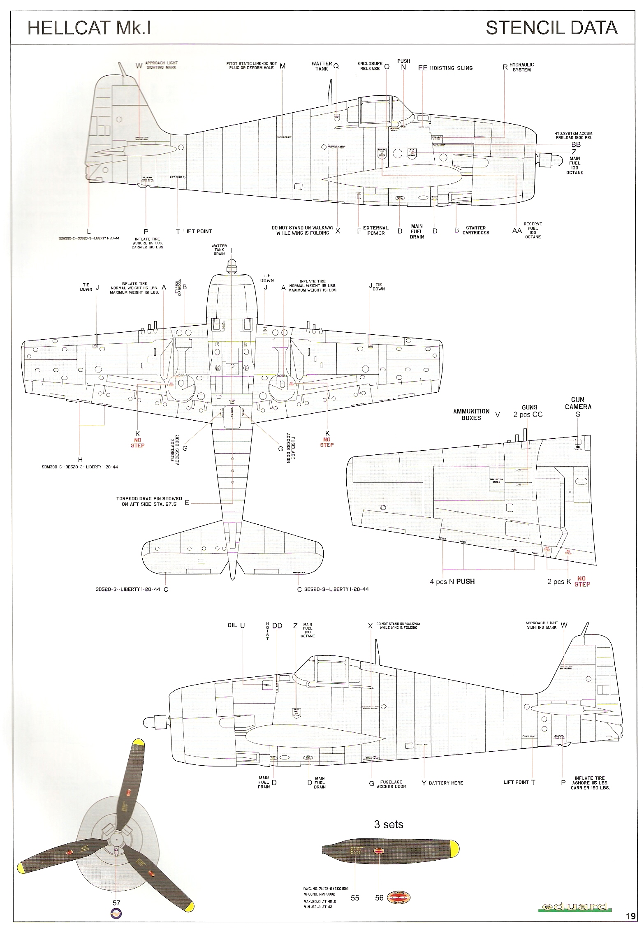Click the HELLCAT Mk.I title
click(x=89, y=28)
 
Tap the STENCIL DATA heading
click(x=551, y=28)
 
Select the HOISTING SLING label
click(x=451, y=68)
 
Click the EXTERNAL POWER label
click(x=375, y=230)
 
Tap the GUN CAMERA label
click(x=578, y=403)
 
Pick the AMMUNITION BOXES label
click(x=471, y=414)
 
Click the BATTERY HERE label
click(x=446, y=783)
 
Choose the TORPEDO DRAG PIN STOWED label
click(x=149, y=501)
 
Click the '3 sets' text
click(x=388, y=824)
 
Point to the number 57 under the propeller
click(x=116, y=903)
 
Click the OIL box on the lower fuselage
click(x=268, y=685)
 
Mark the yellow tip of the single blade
click(x=454, y=848)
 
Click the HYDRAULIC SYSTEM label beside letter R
click(x=521, y=67)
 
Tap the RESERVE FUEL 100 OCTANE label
click(x=533, y=230)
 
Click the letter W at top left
click(x=139, y=66)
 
